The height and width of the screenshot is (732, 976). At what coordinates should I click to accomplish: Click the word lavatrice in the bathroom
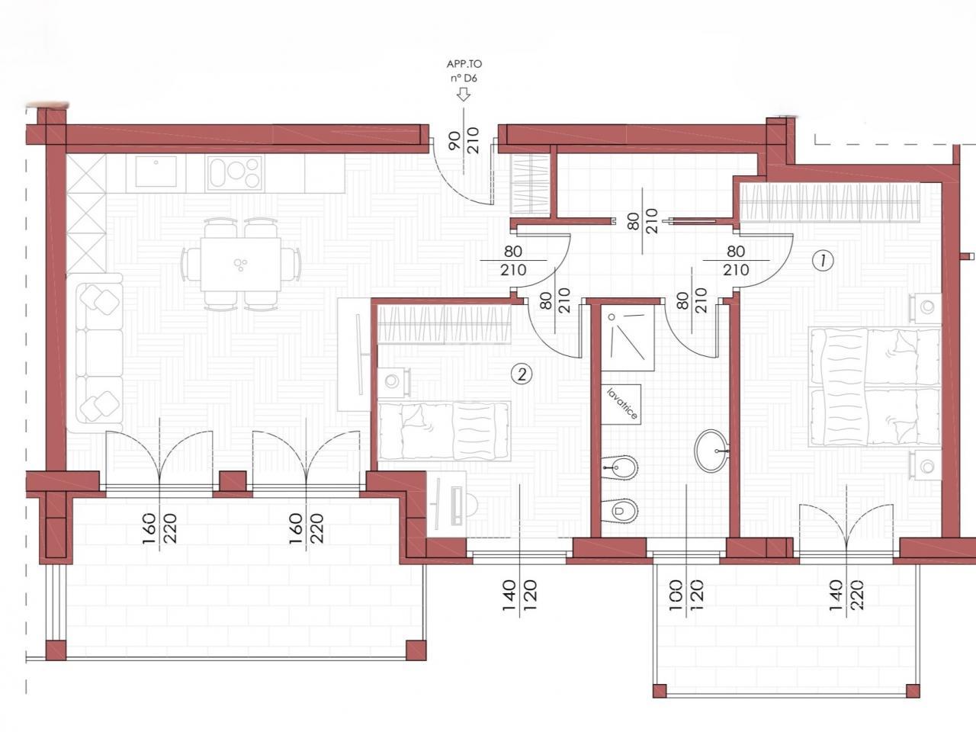(x=622, y=404)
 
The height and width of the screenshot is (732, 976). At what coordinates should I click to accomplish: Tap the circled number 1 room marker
(x=823, y=261)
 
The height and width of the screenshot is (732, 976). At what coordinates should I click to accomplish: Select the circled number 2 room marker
(x=522, y=374)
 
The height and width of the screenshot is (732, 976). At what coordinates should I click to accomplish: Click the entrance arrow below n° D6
(x=464, y=95)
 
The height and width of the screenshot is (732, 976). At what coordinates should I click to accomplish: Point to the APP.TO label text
(x=464, y=64)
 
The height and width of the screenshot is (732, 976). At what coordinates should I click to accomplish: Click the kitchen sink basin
(x=156, y=171)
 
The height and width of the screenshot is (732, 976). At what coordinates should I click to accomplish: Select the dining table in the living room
(x=240, y=265)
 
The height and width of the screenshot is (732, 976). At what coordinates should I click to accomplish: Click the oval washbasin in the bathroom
(x=711, y=451)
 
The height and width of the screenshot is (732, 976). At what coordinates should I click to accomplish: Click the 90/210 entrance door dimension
(x=464, y=140)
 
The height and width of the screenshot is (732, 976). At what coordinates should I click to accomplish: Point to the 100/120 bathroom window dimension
(x=685, y=595)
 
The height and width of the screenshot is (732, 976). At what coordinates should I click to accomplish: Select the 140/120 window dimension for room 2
(x=519, y=595)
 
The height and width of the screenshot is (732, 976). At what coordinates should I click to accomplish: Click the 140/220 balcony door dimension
(x=846, y=595)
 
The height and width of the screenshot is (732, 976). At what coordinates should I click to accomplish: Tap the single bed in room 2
(x=444, y=431)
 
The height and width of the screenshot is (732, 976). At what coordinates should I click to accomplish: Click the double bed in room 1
(x=875, y=387)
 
